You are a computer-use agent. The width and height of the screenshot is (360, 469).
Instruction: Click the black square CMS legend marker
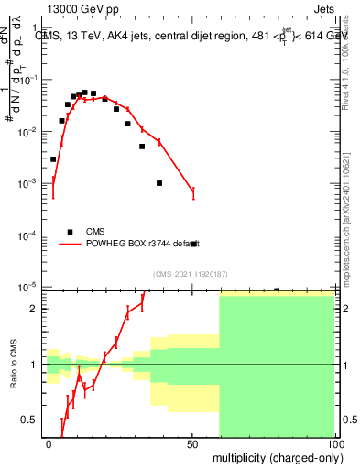pyautogui.click(x=69, y=231)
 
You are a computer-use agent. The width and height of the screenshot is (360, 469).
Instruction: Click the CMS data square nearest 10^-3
pyautogui.click(x=159, y=183)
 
